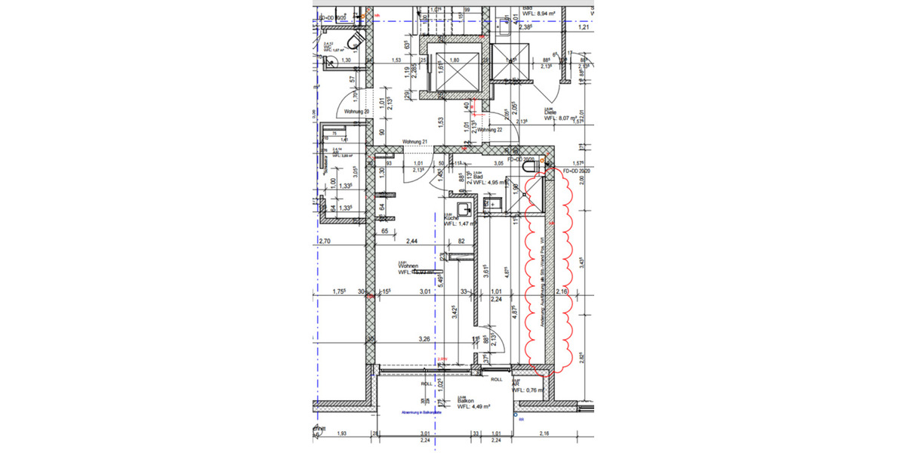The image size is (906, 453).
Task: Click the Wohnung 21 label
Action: tap(415, 142)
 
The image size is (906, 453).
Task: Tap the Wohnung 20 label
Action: tap(356, 112)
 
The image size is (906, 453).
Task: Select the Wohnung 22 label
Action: tap(491, 130)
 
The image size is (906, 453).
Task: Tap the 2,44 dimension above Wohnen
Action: tap(412, 241)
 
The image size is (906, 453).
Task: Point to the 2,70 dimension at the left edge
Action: tap(325, 241)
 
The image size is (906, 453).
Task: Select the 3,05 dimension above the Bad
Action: tap(498, 162)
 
